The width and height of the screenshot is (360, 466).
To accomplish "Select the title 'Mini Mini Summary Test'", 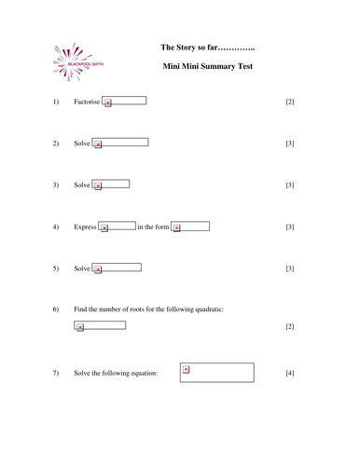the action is pyautogui.click(x=207, y=67).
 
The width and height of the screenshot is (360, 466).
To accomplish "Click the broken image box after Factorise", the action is pyautogui.click(x=124, y=101).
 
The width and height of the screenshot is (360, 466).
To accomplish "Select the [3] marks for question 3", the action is pyautogui.click(x=289, y=185).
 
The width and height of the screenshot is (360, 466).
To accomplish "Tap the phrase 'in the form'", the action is pyautogui.click(x=153, y=227).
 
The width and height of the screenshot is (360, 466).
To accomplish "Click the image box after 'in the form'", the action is pyautogui.click(x=190, y=226).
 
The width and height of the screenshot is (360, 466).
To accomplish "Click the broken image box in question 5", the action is pyautogui.click(x=118, y=268).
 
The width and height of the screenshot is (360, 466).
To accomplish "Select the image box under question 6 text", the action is pyautogui.click(x=100, y=326).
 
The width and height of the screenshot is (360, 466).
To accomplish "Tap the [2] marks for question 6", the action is pyautogui.click(x=289, y=327).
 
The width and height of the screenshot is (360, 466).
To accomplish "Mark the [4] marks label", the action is pyautogui.click(x=289, y=374).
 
